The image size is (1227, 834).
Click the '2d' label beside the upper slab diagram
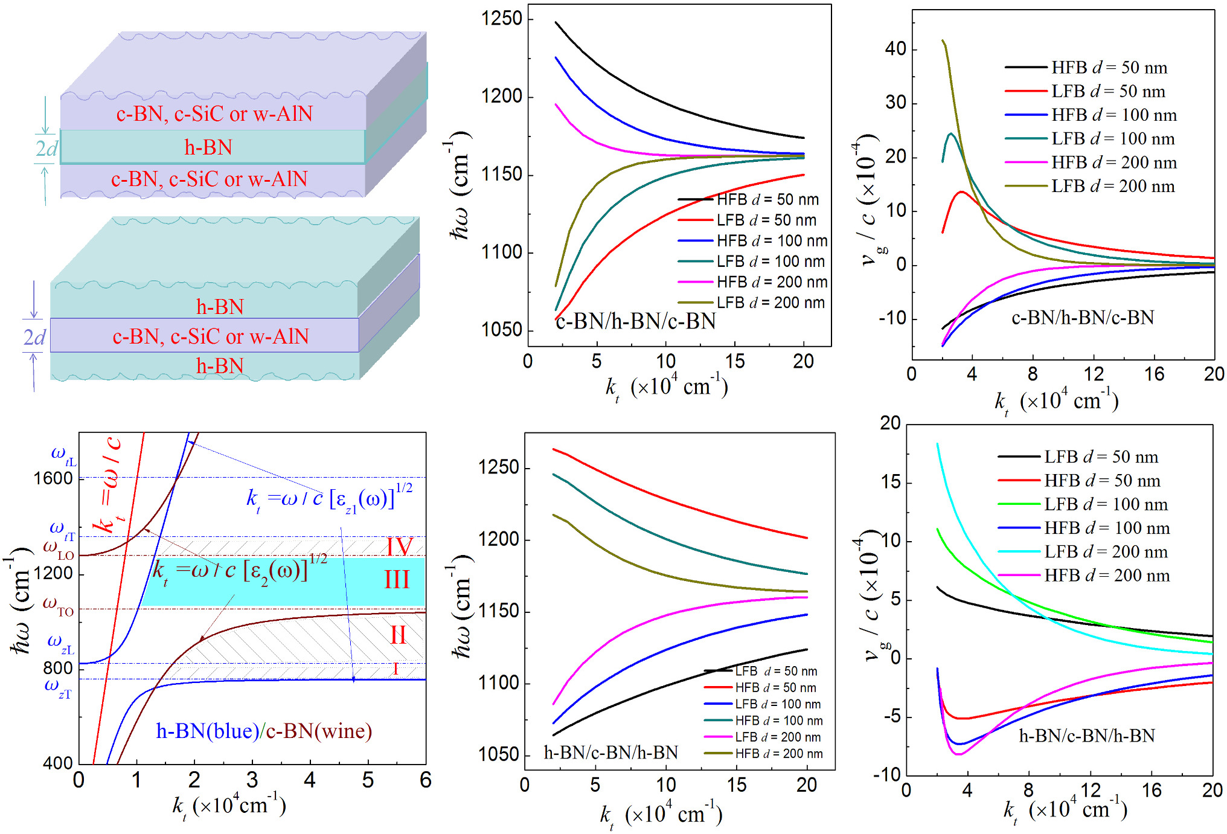click(46, 148)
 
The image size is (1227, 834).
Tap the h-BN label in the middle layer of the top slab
click(208, 147)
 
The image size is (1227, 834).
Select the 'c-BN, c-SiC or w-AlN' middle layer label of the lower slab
click(211, 336)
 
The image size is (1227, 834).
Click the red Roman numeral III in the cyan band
click(397, 580)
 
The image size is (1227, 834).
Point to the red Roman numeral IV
click(399, 547)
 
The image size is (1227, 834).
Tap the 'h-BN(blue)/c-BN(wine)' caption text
click(264, 731)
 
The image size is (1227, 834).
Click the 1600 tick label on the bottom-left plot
click(53, 478)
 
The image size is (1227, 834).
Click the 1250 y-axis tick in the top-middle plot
click(501, 19)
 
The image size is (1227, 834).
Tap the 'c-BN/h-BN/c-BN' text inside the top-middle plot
click(636, 321)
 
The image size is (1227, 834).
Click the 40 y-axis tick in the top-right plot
click(895, 49)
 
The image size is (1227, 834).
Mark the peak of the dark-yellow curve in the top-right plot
click(943, 40)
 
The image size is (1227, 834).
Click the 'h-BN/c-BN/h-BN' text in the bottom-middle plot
click(610, 752)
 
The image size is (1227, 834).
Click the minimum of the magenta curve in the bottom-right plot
click(958, 754)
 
